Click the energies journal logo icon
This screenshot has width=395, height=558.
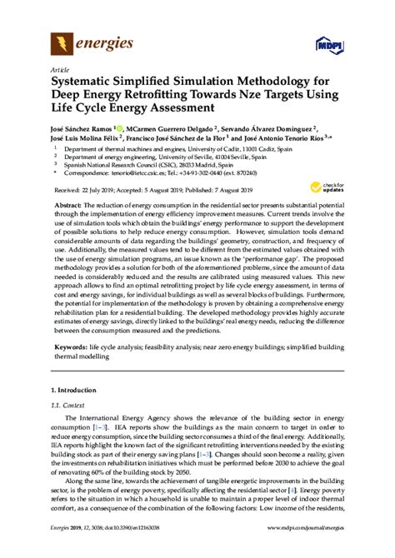pos(62,42)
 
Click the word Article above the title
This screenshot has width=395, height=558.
pos(60,69)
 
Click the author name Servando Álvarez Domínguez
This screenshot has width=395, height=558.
pos(272,130)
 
